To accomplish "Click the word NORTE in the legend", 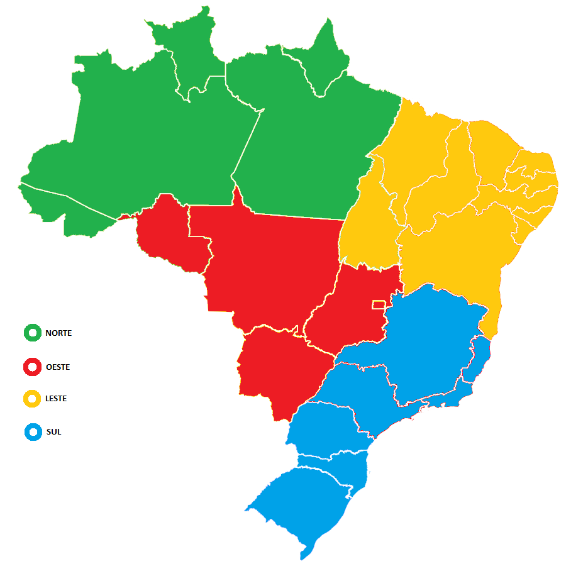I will click(58, 333).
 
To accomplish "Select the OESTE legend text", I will click(58, 367).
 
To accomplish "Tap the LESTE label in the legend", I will click(56, 399).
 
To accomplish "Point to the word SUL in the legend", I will click(53, 432).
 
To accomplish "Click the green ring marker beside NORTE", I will click(32, 333).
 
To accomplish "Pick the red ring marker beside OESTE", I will click(31, 367).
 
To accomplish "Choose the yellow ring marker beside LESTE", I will click(31, 399).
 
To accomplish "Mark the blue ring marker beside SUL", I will click(32, 432).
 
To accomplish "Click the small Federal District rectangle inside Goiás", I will click(379, 304).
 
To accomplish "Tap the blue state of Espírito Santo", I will click(481, 358).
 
